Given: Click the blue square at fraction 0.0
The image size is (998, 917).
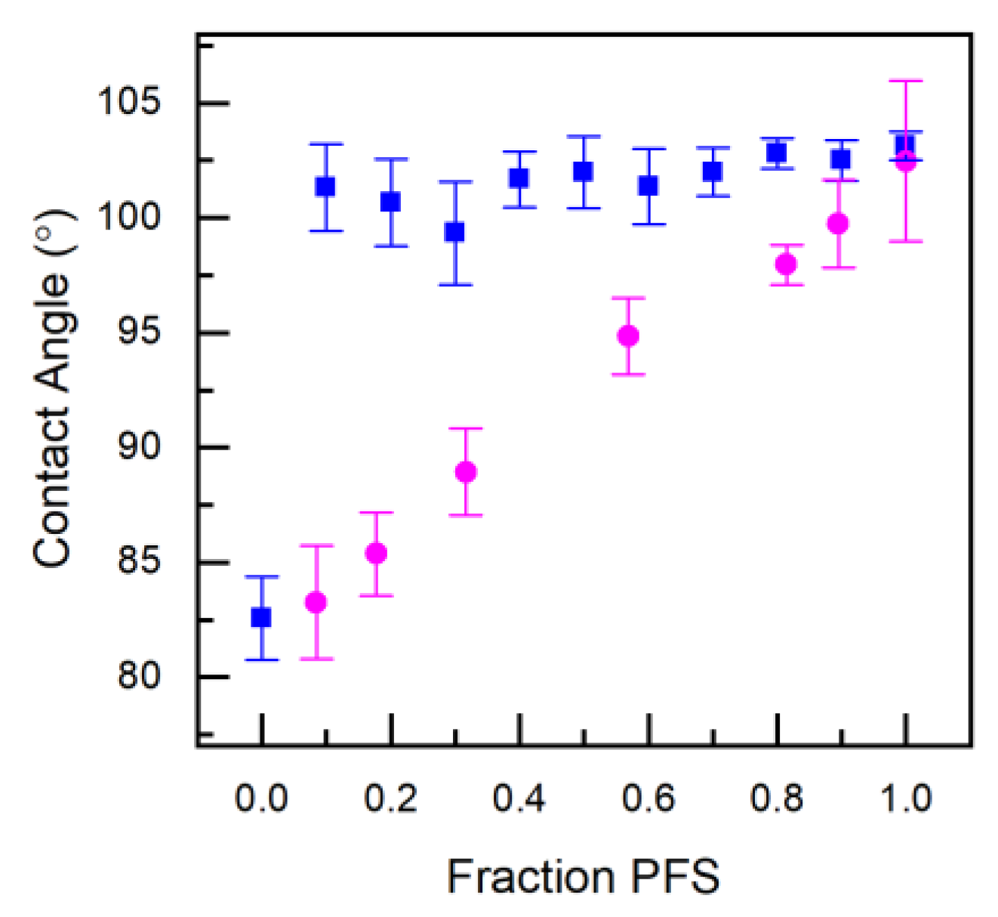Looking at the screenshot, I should click(x=261, y=617).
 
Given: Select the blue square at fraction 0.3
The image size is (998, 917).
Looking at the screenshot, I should click(x=454, y=232).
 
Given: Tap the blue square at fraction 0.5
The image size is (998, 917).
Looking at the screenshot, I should click(x=583, y=171).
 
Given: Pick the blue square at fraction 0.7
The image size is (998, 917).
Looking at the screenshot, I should click(x=712, y=171).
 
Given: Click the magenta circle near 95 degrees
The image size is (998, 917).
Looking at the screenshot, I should click(x=628, y=336).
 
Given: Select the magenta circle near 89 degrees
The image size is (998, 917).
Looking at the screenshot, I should click(x=466, y=472).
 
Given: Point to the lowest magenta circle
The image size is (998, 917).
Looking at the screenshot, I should click(x=316, y=602).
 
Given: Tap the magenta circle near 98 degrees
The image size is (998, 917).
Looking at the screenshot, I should click(x=786, y=264).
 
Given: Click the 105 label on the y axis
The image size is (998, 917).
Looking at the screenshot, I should click(x=129, y=101).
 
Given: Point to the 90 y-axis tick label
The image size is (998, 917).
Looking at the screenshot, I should click(x=139, y=446).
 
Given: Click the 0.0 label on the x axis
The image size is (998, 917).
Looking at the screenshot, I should click(x=261, y=798).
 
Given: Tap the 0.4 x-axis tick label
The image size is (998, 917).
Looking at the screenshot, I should click(x=519, y=798).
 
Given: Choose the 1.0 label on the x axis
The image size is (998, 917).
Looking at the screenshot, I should click(x=906, y=798).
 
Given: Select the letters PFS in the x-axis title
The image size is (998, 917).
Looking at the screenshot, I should click(x=675, y=877).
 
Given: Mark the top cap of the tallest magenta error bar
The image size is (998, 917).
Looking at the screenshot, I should click(x=906, y=81).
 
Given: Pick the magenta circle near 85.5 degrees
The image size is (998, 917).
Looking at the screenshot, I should click(x=376, y=553).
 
